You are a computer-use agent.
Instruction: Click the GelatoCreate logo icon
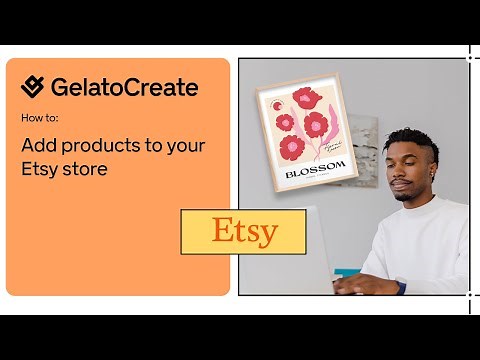[33, 87]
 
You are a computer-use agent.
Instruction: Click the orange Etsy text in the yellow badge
[244, 231]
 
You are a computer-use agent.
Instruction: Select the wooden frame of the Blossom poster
[262, 140]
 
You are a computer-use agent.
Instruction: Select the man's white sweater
[420, 245]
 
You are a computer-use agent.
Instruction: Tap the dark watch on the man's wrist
[400, 285]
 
